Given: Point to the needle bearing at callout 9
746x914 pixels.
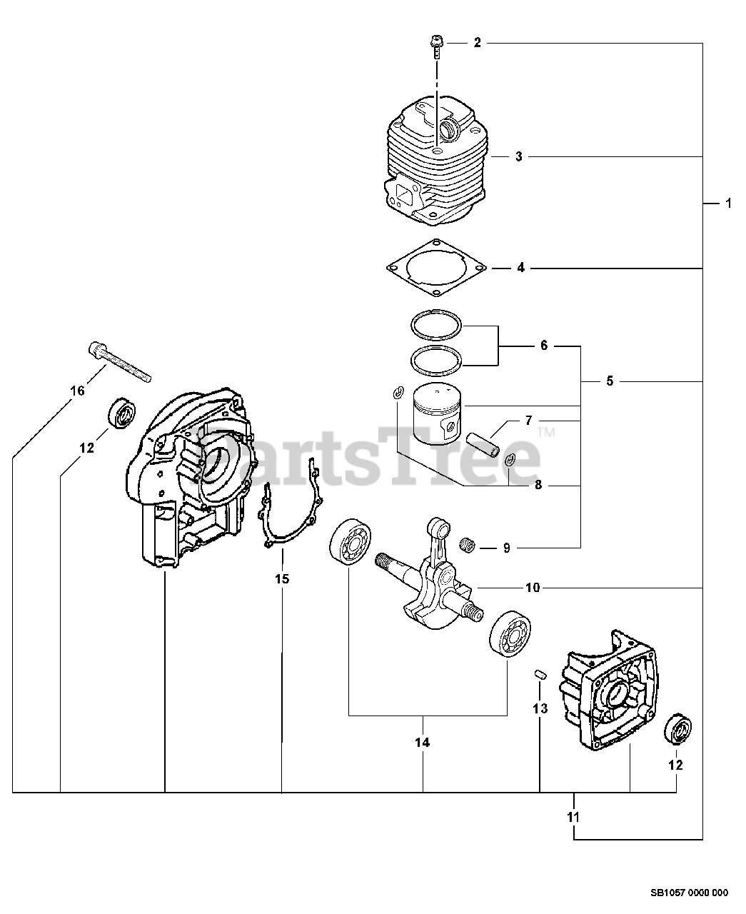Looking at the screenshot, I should point(468,547).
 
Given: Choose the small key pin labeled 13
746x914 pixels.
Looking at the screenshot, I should point(540,673).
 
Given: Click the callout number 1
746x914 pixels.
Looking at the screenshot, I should point(728,204).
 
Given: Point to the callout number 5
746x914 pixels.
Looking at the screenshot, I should point(609,381).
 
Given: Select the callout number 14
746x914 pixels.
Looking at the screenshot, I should point(423,743).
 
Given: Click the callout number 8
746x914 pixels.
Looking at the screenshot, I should point(538,485).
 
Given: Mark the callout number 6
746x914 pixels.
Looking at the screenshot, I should point(543,346).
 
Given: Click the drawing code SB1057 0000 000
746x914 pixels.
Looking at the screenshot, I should point(688,892).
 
